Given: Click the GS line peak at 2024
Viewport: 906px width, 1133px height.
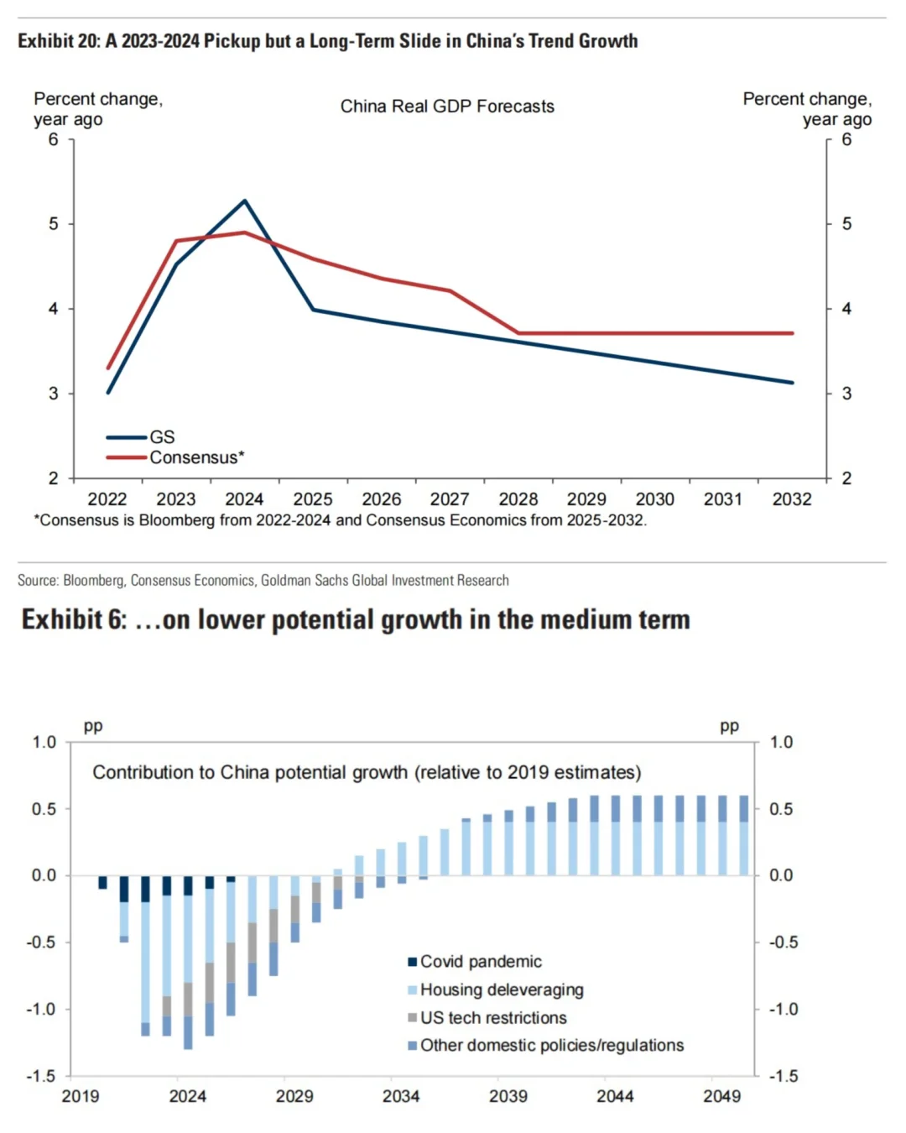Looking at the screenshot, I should (x=244, y=201).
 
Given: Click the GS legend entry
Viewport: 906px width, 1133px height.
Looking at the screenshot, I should (x=161, y=437).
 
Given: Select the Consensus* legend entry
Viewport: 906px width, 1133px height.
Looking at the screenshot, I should (x=196, y=457).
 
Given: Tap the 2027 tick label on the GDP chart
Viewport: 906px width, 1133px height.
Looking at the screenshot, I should (x=450, y=499).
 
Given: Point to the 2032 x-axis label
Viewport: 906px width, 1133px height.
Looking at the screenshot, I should (x=792, y=499).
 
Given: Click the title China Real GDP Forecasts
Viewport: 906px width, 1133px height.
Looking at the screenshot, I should (x=447, y=107).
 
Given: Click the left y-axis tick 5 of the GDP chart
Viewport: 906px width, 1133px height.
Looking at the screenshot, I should (x=54, y=224).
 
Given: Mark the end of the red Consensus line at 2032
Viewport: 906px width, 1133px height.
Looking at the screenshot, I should (x=792, y=333).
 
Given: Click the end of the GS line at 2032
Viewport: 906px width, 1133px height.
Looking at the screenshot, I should (x=792, y=383).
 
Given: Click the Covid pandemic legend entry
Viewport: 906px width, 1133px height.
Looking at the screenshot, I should (x=480, y=962).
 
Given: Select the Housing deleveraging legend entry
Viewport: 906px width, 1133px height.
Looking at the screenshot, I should (x=501, y=990).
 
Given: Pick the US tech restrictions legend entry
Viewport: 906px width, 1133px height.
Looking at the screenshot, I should (x=492, y=1018).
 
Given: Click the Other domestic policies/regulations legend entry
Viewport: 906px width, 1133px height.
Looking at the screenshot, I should (x=551, y=1046).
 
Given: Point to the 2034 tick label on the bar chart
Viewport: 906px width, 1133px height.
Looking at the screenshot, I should (x=401, y=1096).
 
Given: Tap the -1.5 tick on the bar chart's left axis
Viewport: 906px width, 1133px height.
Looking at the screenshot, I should (x=40, y=1076).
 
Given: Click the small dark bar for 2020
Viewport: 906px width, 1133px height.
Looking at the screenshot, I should (x=102, y=882).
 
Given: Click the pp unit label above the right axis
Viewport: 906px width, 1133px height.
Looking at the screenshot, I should (x=729, y=726).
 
